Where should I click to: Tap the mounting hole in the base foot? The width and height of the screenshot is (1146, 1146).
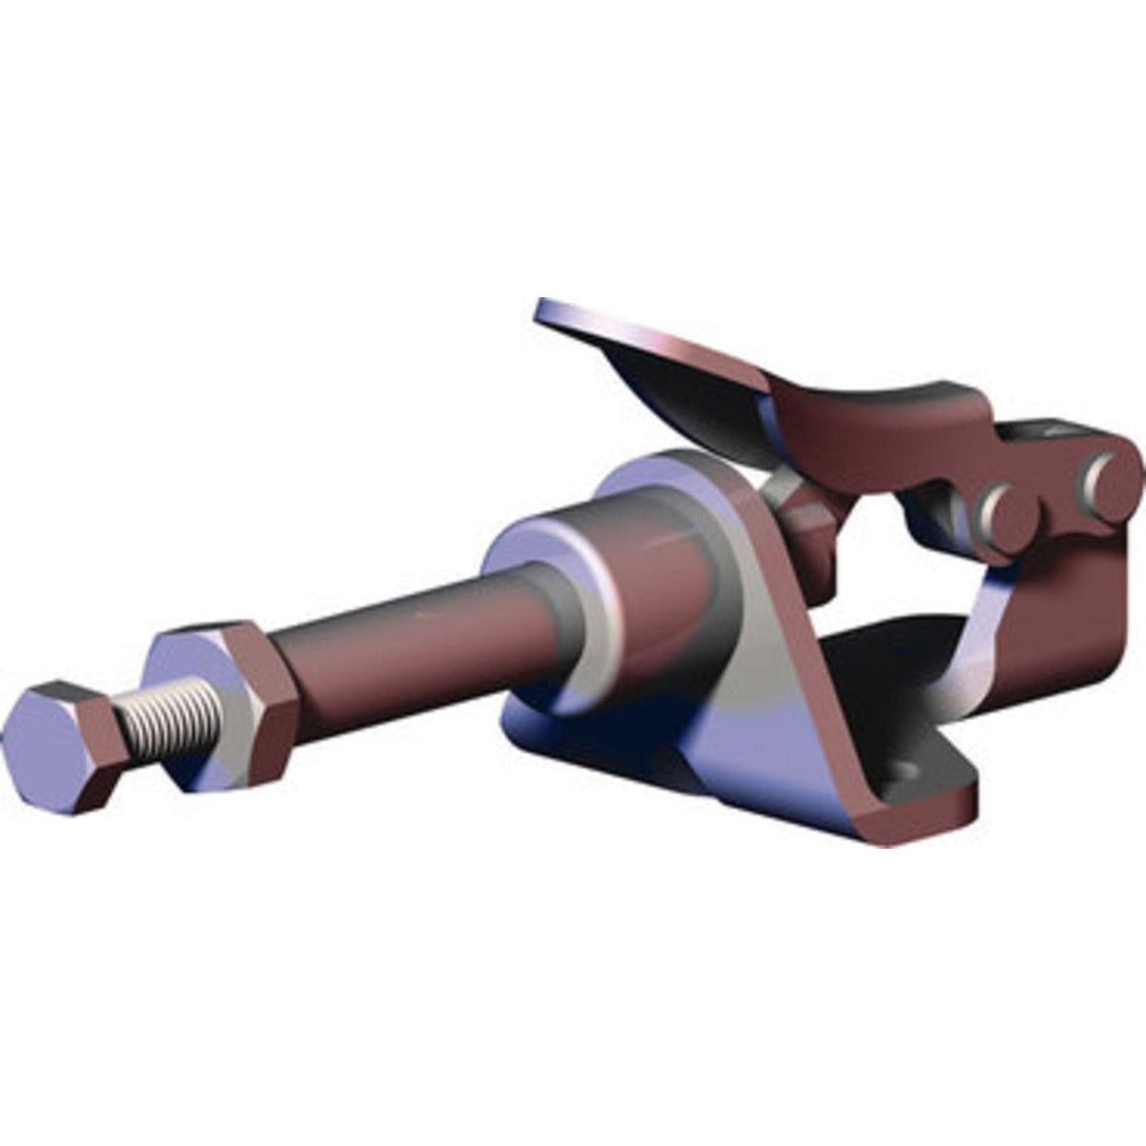(x=902, y=767)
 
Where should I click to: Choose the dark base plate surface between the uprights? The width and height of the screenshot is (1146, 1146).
(x=888, y=659)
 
